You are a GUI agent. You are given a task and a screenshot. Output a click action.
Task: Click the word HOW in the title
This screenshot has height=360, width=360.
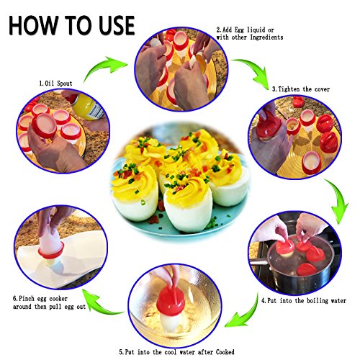(x=33, y=25)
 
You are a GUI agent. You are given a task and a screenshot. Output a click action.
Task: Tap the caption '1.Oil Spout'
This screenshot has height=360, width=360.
(x=55, y=84)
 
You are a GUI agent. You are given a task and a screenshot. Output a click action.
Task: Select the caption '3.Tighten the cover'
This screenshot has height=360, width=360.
(x=301, y=89)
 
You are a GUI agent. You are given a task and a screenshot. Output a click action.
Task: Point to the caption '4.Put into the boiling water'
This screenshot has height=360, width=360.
(x=304, y=300)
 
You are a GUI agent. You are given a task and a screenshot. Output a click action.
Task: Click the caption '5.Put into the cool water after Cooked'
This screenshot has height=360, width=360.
(x=176, y=352)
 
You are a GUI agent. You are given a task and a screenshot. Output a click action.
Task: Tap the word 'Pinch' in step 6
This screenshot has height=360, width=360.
(x=27, y=299)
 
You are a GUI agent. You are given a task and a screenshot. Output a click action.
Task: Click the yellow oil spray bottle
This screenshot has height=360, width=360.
(x=88, y=107)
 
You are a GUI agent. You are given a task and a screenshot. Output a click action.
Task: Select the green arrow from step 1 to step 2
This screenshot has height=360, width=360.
(x=103, y=66)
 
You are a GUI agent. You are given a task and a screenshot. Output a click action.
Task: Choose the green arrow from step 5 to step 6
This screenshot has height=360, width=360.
(x=101, y=304)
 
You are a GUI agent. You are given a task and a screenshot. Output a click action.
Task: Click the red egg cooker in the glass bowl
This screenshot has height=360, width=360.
(x=170, y=300)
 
